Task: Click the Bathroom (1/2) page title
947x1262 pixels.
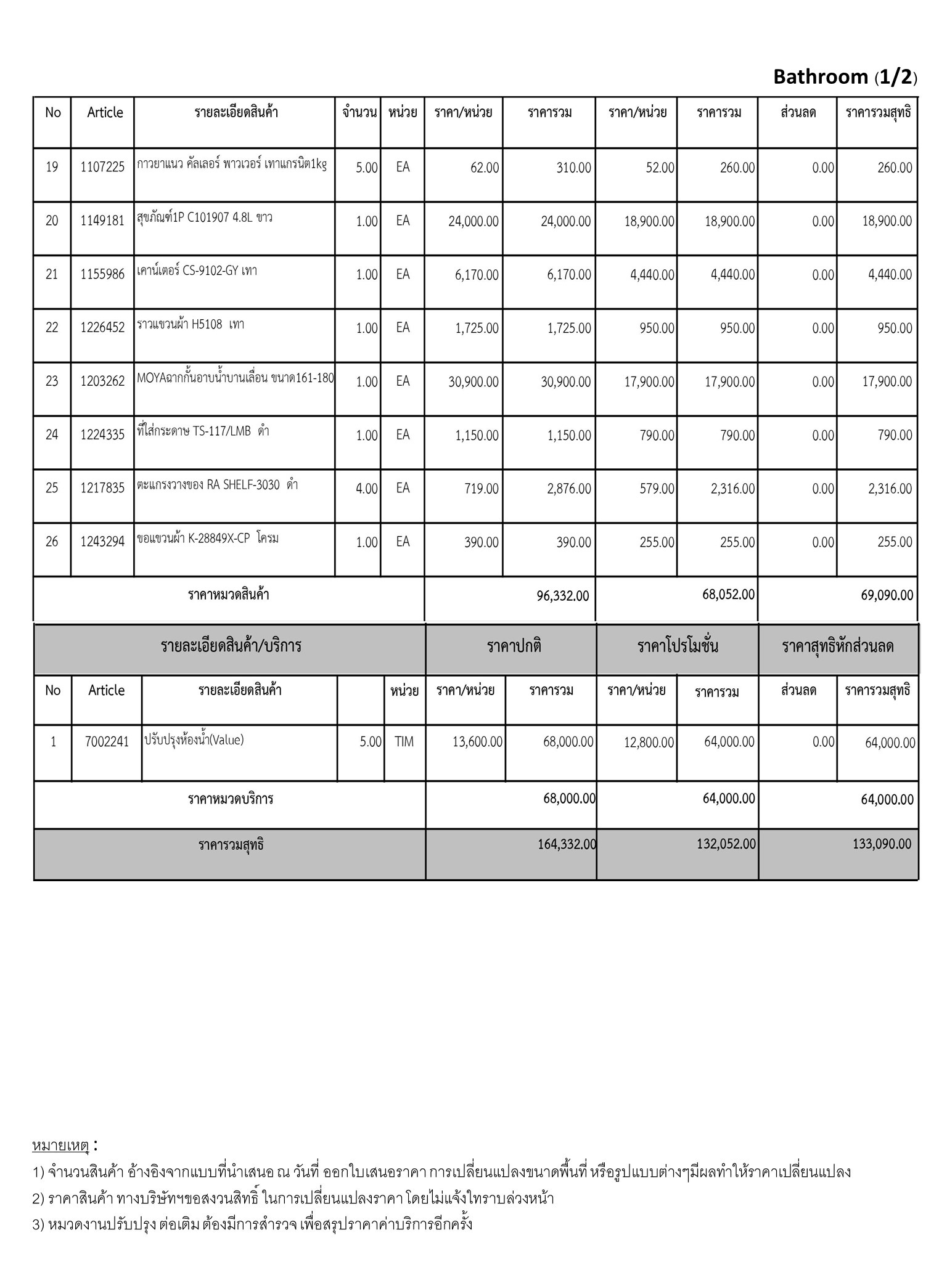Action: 845,77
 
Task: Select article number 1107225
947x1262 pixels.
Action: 102,166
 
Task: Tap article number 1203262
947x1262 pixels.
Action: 102,381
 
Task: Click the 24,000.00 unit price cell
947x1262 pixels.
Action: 473,221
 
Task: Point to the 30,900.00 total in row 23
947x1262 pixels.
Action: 565,382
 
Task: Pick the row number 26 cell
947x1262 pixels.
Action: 52,542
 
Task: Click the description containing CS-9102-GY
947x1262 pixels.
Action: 197,271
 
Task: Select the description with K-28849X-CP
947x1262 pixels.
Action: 208,538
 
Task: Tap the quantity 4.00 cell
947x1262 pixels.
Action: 366,489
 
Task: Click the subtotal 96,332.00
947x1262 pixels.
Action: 562,596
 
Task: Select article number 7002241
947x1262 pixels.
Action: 107,741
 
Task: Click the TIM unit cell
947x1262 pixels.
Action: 404,742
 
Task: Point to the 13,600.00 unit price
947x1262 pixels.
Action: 477,742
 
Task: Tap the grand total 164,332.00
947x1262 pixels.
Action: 567,844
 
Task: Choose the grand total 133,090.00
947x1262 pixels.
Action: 882,844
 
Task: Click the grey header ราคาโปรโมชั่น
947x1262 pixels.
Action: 677,646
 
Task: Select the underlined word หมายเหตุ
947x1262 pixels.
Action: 60,1146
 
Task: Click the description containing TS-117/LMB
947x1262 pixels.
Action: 203,431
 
